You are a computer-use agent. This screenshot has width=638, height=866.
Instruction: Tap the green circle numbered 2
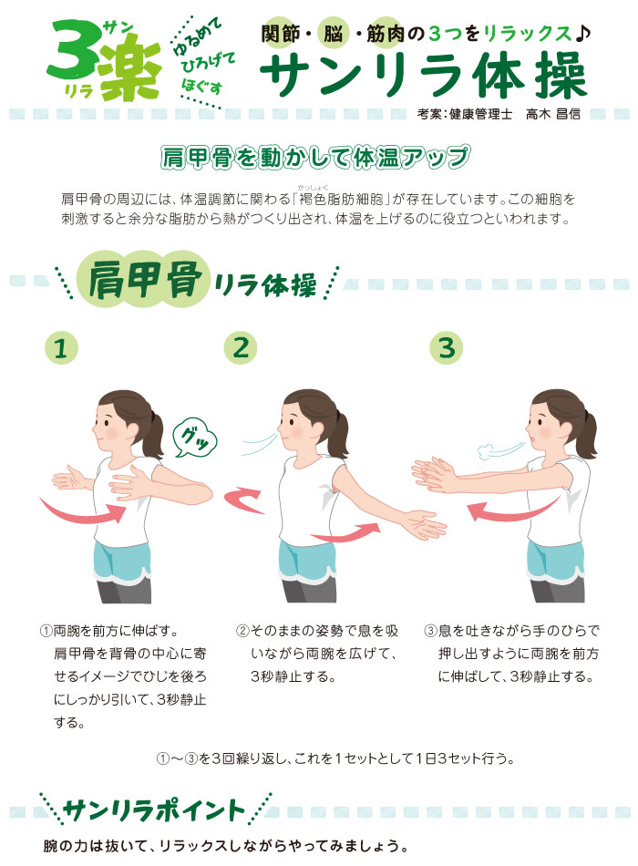[241, 347]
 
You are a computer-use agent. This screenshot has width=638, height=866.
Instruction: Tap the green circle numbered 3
[446, 347]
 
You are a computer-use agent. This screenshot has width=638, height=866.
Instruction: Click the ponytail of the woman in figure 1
[151, 428]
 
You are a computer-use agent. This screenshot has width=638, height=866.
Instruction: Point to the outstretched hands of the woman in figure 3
[436, 472]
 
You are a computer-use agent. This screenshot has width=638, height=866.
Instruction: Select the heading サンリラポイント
[154, 809]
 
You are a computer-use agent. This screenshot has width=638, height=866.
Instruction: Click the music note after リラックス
[583, 35]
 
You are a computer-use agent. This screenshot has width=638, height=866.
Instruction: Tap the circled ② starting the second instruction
[242, 631]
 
